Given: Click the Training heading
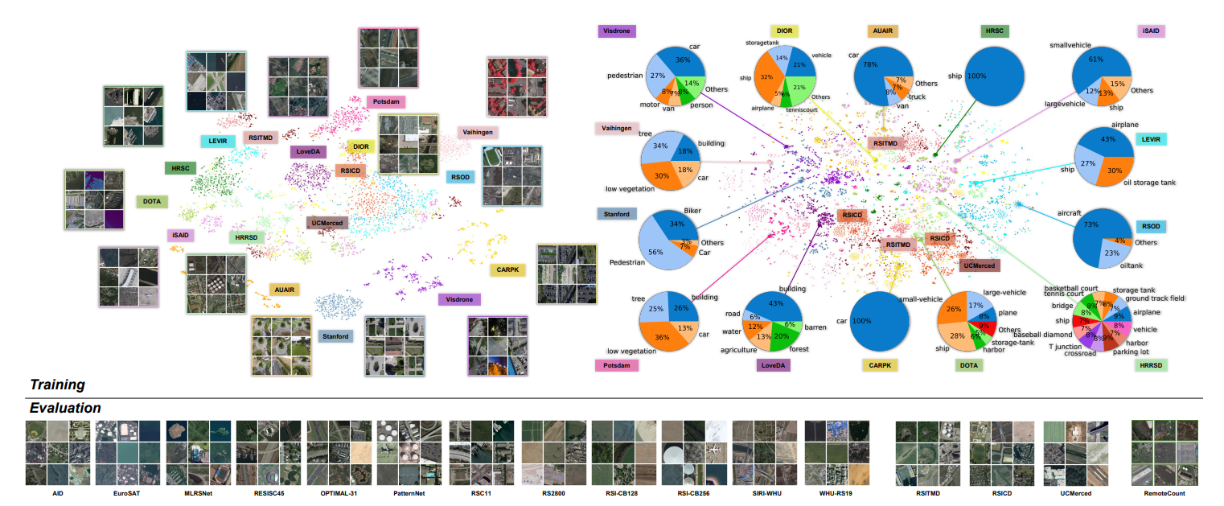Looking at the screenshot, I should point(57,385).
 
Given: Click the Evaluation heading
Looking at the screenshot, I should point(65,408).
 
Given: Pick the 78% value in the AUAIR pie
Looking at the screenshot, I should point(869,64).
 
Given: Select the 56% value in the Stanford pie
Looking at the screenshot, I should point(655,251).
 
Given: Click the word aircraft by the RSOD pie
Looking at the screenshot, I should point(1069,213).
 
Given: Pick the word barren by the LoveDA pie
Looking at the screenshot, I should point(815,328).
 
